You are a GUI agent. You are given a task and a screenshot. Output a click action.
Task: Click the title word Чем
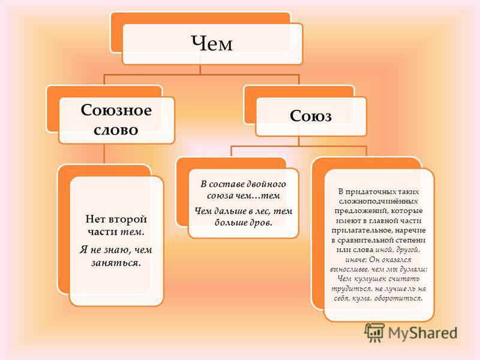pos(212,43)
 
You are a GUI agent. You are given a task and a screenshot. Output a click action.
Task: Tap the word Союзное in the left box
pos(116,110)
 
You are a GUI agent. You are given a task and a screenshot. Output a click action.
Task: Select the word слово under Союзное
pos(116,130)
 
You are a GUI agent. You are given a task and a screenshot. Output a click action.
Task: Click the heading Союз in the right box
pos(310,116)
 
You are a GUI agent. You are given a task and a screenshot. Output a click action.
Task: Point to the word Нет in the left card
pos(95,219)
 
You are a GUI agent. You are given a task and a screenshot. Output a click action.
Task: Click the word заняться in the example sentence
pos(116,263)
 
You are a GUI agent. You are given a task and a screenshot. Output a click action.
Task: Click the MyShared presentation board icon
pos(374,332)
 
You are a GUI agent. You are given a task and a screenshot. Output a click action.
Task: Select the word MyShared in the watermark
pos(422,333)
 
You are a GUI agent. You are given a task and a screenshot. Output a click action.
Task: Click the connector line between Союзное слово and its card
pos(104,154)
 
